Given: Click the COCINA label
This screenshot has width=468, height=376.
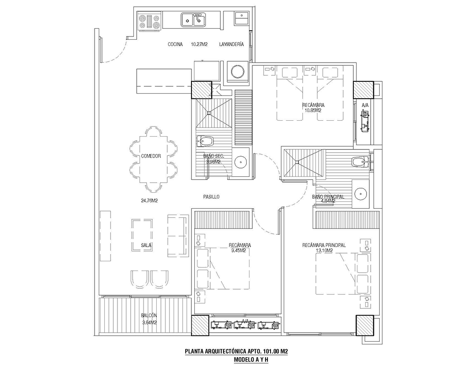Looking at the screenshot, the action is [175, 44].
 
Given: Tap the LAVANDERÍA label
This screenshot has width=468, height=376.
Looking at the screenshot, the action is [231, 44].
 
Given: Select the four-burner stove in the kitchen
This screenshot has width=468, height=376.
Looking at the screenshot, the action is [149, 21].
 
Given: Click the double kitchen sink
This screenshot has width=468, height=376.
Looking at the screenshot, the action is [193, 20].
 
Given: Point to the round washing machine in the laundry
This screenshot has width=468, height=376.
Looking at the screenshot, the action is [238, 72].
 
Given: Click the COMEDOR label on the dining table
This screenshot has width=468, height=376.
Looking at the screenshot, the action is [151, 156].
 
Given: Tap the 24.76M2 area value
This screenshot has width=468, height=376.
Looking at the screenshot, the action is [149, 201].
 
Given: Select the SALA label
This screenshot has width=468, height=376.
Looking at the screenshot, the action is [146, 246].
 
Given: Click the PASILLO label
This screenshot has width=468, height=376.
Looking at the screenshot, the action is [211, 197].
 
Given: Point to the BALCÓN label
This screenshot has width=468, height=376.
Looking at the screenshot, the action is [149, 315].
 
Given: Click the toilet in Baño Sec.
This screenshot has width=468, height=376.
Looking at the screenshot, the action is [205, 141].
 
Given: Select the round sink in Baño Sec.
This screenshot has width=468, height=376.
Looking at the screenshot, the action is [240, 162].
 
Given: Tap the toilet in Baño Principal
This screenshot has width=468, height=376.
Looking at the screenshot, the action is [361, 162].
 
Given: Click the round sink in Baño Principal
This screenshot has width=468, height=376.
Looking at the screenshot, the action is [361, 194].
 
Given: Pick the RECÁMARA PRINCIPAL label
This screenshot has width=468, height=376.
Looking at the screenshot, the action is [324, 245].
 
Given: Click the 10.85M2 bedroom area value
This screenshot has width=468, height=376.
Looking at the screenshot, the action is [313, 111].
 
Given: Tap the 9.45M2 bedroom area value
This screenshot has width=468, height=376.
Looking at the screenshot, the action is [238, 251].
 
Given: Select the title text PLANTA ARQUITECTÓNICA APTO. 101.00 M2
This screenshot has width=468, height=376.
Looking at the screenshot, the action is [236, 352].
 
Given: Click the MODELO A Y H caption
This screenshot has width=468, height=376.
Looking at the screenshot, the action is [251, 360].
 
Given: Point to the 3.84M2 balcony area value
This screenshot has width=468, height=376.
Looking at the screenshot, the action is [149, 323].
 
